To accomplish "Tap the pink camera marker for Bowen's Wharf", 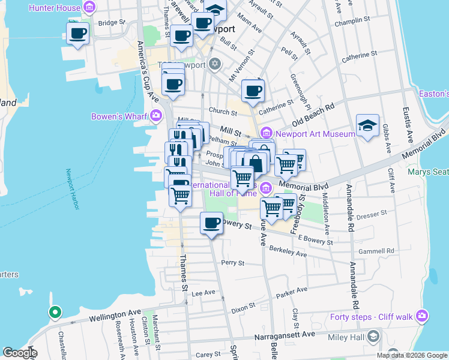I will pos(156,115).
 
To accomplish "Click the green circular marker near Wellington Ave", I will pos(55,312).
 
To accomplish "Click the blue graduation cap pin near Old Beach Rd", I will pos(367,125).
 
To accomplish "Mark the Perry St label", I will pos(233,263).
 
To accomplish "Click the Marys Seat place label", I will pos(428,172).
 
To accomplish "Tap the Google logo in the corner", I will pos(20,353).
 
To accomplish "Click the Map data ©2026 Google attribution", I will pos(412,355).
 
